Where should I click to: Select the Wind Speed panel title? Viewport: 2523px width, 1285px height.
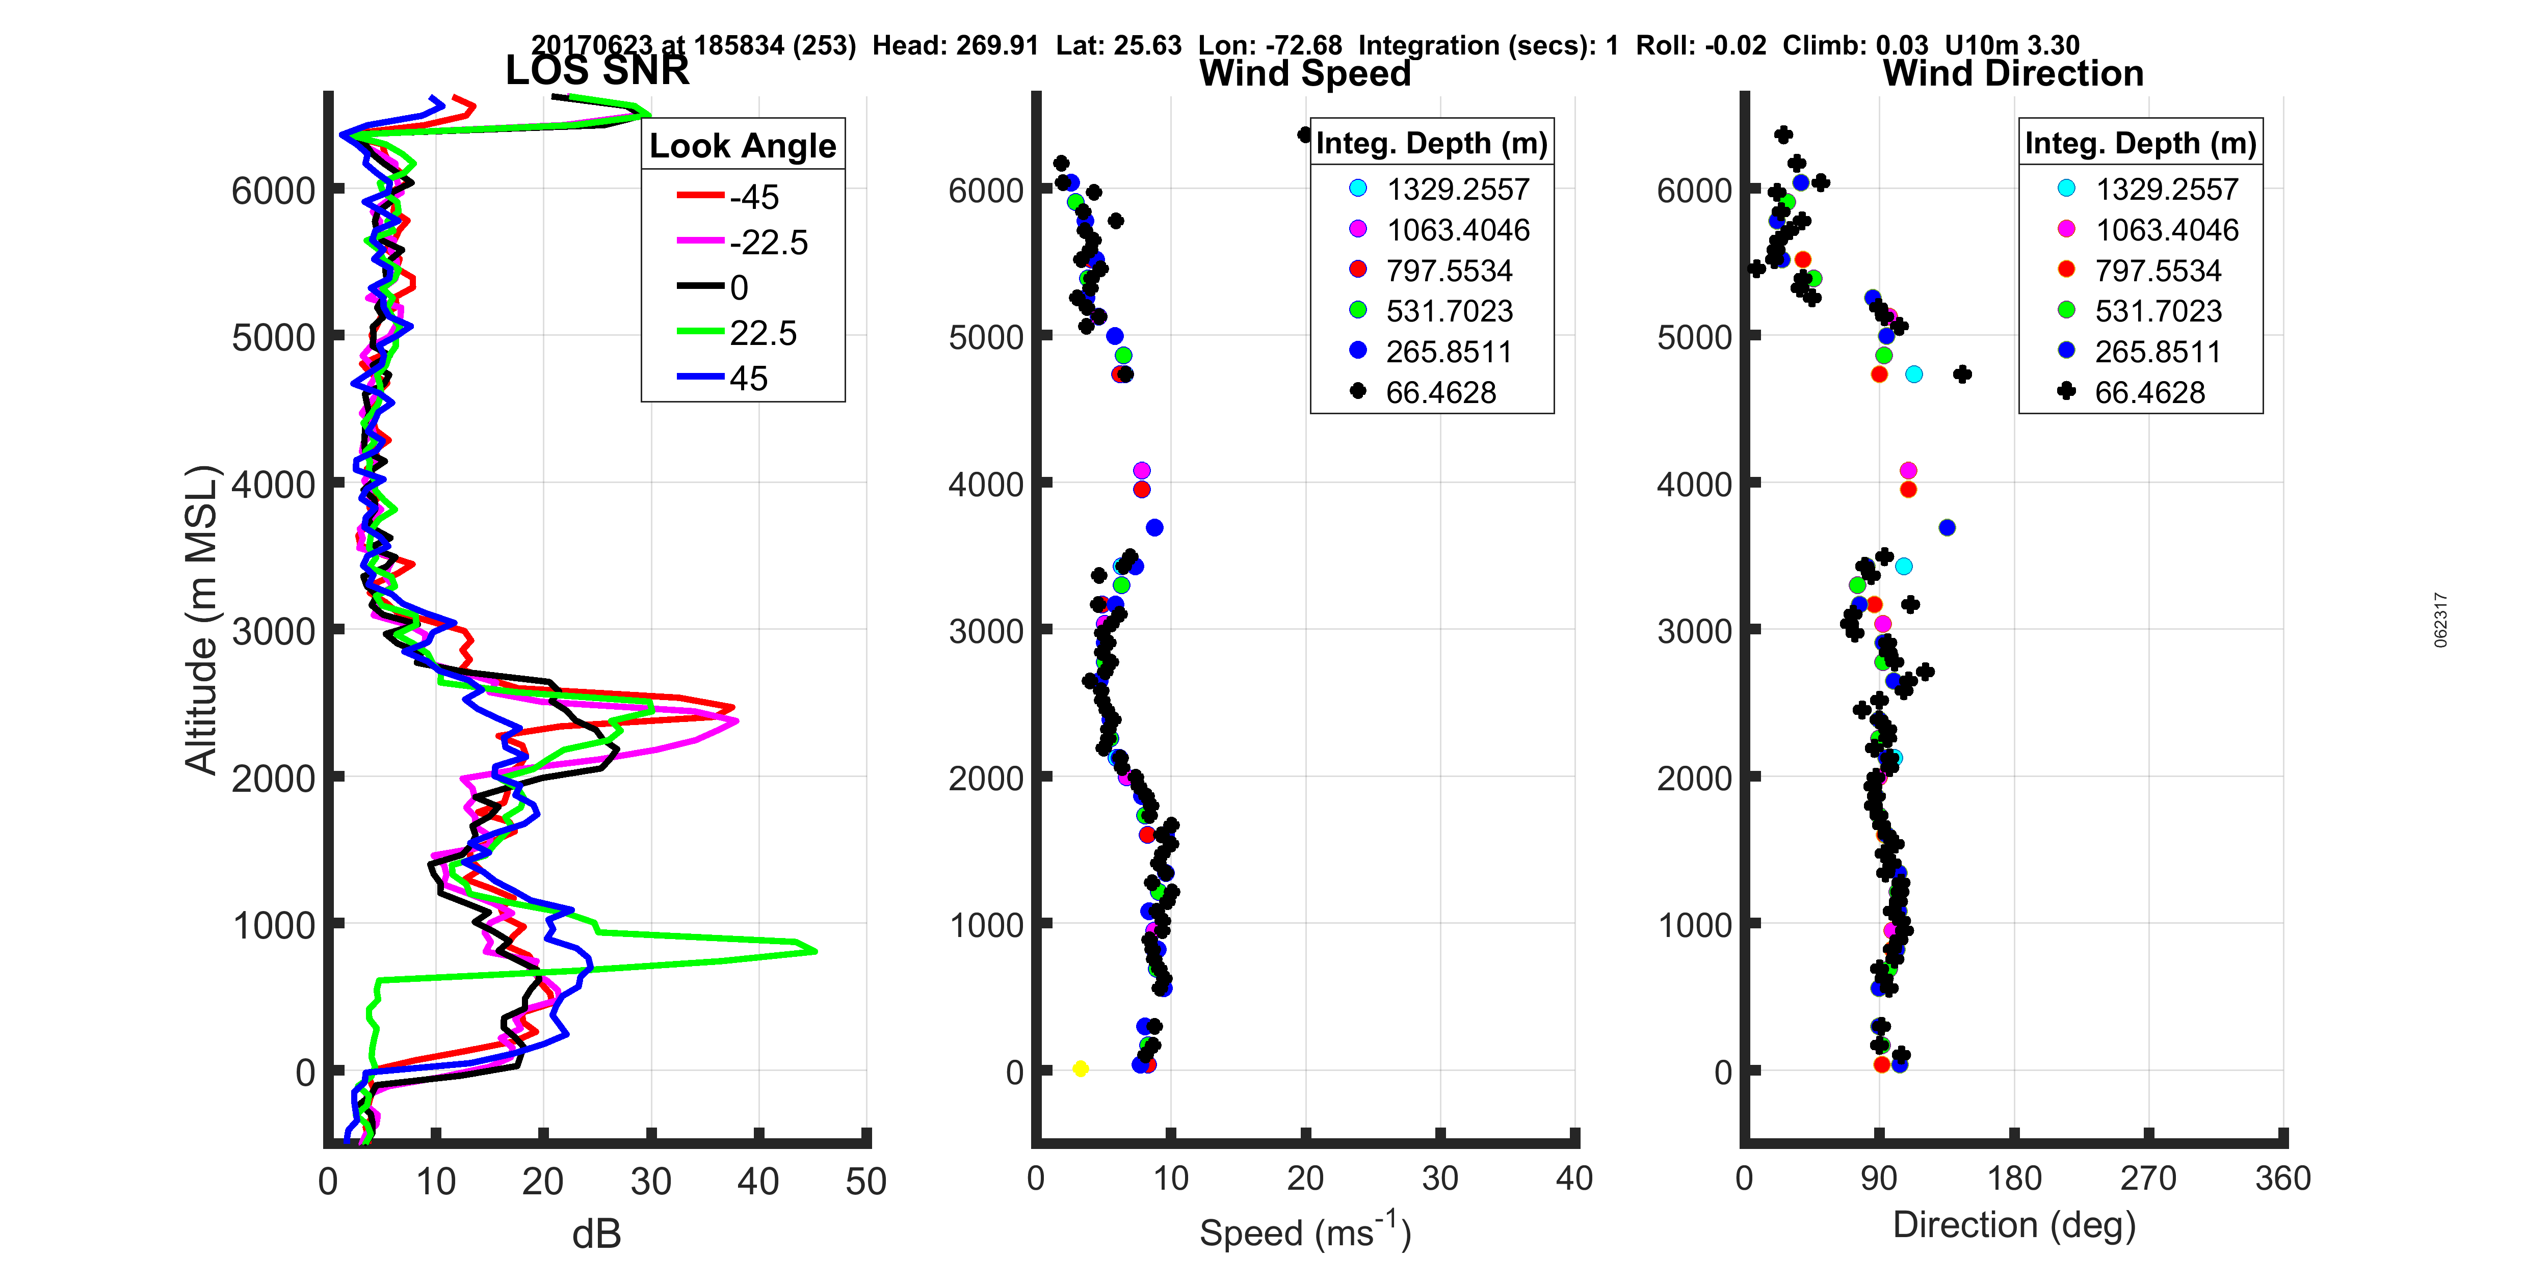click(1305, 73)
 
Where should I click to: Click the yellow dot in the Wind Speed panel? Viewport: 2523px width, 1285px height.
click(1081, 1068)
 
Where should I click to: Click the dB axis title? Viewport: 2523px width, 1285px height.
click(596, 1234)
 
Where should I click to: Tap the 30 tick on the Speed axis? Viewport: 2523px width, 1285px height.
click(1440, 1178)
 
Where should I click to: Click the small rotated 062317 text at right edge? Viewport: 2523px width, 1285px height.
click(2441, 620)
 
